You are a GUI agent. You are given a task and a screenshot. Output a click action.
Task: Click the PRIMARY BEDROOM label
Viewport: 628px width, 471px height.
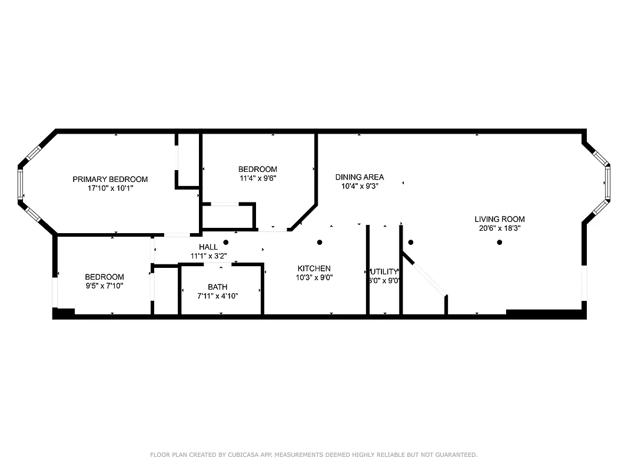click(x=110, y=179)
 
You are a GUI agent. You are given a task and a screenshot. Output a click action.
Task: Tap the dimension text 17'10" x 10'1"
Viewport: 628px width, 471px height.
click(x=110, y=188)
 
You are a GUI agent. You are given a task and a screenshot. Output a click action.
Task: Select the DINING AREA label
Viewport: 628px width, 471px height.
click(x=359, y=177)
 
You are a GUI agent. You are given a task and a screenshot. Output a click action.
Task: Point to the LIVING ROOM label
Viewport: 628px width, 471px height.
click(x=499, y=219)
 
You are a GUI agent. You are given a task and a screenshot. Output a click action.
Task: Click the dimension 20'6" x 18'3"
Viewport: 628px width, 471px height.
click(x=499, y=228)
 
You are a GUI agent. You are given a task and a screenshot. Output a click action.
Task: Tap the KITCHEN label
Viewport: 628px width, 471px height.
click(x=314, y=268)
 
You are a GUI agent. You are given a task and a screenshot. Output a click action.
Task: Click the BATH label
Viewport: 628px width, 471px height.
click(x=217, y=287)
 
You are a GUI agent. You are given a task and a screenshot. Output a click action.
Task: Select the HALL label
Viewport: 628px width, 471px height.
click(x=208, y=247)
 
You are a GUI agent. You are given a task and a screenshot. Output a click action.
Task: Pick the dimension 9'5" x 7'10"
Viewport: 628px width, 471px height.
click(x=104, y=286)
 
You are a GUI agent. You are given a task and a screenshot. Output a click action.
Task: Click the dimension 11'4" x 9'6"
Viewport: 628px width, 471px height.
click(x=257, y=178)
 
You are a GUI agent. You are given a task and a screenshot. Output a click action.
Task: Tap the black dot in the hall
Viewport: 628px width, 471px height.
click(x=225, y=242)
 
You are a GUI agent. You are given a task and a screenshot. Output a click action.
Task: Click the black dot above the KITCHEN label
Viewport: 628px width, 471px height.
click(x=320, y=242)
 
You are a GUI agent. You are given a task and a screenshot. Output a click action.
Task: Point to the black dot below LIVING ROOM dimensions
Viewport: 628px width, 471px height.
click(x=499, y=242)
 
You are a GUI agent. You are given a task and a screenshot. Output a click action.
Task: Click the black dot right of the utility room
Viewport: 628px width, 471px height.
click(x=411, y=242)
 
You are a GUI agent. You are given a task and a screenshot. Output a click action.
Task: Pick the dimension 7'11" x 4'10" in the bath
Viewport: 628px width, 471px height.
click(x=217, y=296)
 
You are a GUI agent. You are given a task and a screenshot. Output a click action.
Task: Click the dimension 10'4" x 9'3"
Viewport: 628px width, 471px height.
click(x=359, y=186)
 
